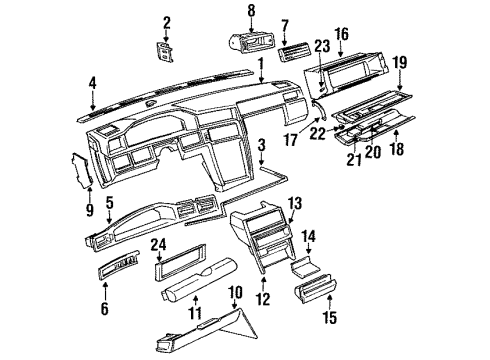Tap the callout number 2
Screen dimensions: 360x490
[x=167, y=22]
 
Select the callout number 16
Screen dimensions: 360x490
[x=341, y=34]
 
